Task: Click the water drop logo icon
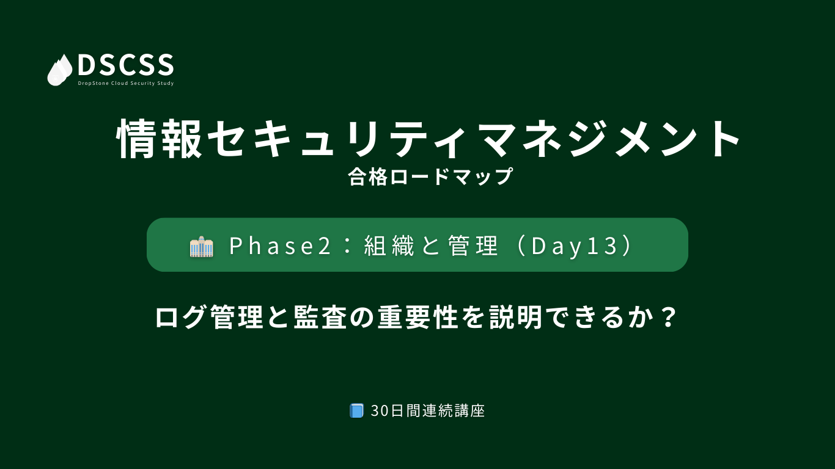pyautogui.click(x=60, y=70)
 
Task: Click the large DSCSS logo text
pyautogui.click(x=126, y=65)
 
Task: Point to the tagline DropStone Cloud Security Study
pyautogui.click(x=126, y=83)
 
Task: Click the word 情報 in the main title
pyautogui.click(x=159, y=139)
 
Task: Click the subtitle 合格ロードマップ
pyautogui.click(x=430, y=176)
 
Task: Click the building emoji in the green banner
pyautogui.click(x=201, y=246)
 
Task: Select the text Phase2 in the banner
pyautogui.click(x=280, y=246)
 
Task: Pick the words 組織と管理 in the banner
pyautogui.click(x=431, y=246)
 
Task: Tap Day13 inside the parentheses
pyautogui.click(x=574, y=246)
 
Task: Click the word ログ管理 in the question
pyautogui.click(x=209, y=318)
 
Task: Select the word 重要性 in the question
pyautogui.click(x=417, y=318)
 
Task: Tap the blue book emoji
pyautogui.click(x=356, y=410)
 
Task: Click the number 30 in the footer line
pyautogui.click(x=380, y=411)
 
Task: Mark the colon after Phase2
pyautogui.click(x=347, y=246)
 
